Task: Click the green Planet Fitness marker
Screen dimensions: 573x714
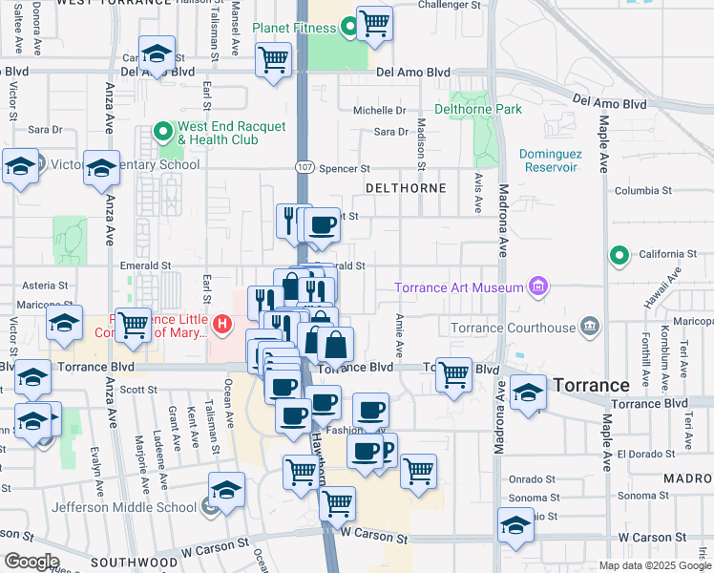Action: point(349,28)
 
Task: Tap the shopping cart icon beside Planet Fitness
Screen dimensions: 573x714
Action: point(374,23)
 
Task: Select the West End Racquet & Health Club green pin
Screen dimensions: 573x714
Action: point(163,133)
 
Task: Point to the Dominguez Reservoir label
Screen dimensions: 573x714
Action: point(549,160)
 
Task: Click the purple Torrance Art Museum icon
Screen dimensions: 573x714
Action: point(538,286)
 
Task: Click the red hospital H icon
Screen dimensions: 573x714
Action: point(222,325)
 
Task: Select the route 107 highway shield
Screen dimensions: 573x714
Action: point(303,166)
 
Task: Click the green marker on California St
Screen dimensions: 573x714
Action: point(619,255)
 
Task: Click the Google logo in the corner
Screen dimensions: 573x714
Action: point(31,562)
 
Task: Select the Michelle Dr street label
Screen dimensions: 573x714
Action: point(380,111)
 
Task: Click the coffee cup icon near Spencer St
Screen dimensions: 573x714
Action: point(323,225)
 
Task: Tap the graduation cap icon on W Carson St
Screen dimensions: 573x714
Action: point(515,525)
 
